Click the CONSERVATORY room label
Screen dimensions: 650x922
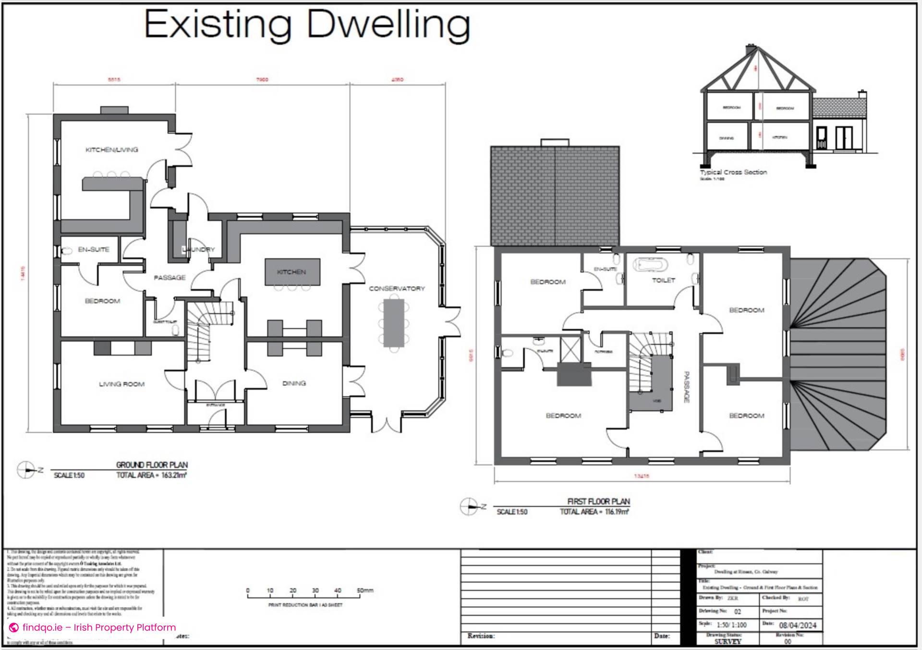pos(397,289)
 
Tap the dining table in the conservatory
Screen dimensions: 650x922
pos(394,323)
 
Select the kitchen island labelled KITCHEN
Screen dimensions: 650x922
pos(292,272)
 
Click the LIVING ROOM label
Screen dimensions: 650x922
pos(121,384)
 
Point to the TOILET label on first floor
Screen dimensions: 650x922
pos(664,280)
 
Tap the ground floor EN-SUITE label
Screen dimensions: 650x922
pos(94,250)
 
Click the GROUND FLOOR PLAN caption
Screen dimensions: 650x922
pos(152,465)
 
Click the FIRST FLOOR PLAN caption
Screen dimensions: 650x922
pos(598,502)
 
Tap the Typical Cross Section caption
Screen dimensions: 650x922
pos(733,172)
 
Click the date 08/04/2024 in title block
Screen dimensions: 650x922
pos(797,625)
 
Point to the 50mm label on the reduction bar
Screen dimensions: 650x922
pos(365,590)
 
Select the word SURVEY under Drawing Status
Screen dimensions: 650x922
pos(728,641)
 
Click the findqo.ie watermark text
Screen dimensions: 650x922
pos(99,627)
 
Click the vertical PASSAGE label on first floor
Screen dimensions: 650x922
pos(687,387)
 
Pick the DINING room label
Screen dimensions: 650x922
pos(294,383)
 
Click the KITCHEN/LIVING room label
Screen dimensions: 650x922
pos(111,150)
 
